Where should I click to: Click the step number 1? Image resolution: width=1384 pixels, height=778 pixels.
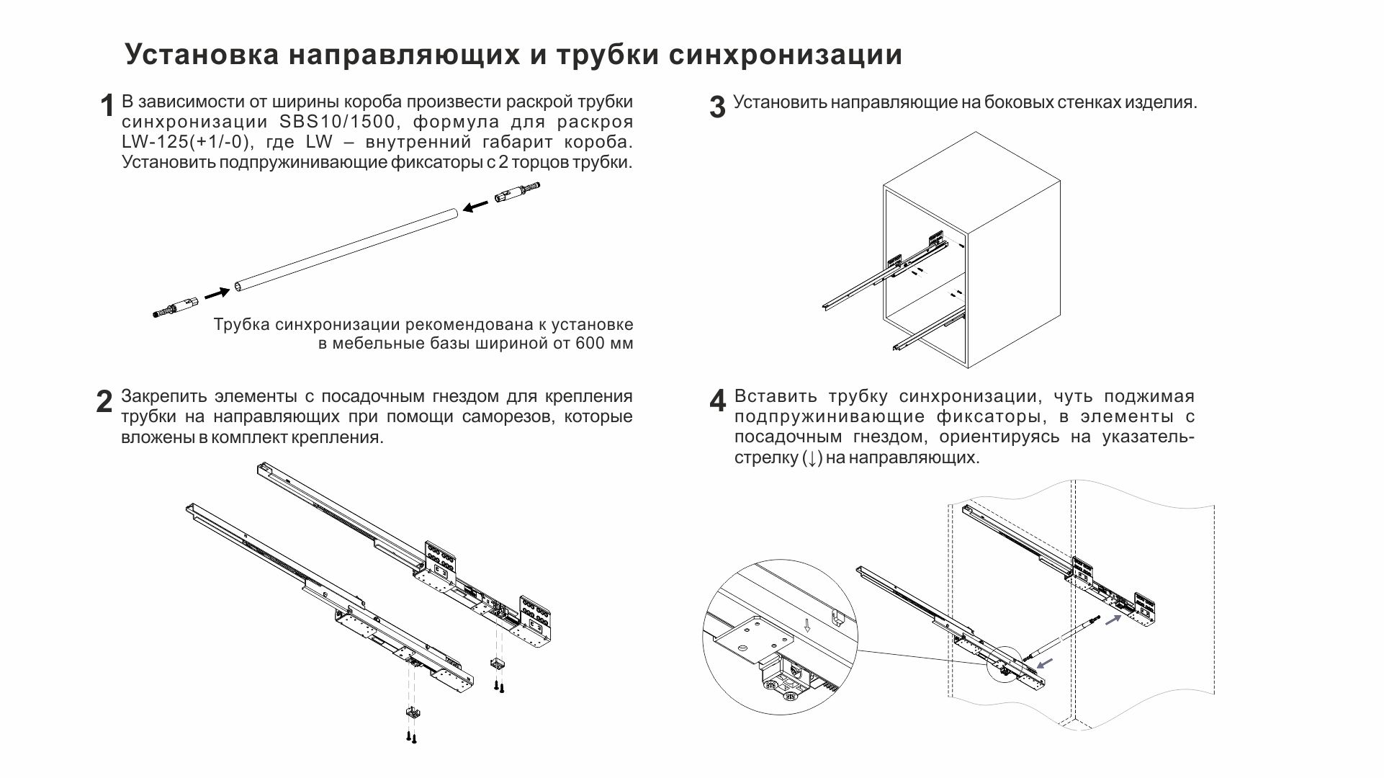pos(107,106)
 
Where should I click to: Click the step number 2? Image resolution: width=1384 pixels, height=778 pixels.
pos(104,402)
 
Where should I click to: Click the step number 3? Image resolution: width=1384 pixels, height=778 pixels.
pos(717,107)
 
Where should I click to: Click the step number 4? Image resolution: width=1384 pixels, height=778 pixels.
pos(717,402)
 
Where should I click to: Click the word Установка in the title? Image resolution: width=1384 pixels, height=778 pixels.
pos(202,55)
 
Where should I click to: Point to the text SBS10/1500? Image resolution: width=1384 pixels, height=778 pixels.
pos(338,122)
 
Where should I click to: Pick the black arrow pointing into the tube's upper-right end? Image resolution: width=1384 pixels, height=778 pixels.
pos(475,207)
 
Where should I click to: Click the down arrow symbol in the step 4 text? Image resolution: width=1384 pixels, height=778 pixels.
pos(812,458)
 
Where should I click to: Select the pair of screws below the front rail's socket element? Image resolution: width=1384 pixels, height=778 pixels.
pos(411,737)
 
